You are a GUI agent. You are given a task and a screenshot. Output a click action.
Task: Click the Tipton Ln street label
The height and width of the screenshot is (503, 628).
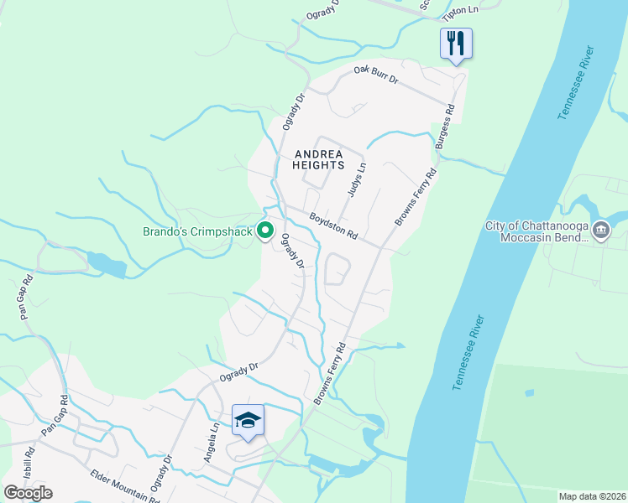pyautogui.click(x=461, y=9)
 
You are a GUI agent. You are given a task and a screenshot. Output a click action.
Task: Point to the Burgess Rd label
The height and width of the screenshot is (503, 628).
pyautogui.click(x=445, y=127)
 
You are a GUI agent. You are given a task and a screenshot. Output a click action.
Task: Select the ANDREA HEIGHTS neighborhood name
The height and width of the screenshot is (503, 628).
pyautogui.click(x=318, y=159)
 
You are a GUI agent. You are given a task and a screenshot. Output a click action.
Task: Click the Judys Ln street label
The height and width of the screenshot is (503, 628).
pyautogui.click(x=358, y=179)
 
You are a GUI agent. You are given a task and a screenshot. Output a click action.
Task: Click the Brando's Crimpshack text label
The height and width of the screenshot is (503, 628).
pyautogui.click(x=198, y=231)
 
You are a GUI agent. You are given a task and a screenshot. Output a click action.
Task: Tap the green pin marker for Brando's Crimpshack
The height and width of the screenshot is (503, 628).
pyautogui.click(x=266, y=230)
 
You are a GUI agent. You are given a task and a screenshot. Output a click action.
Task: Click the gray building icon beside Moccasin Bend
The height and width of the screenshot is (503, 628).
pyautogui.click(x=601, y=230)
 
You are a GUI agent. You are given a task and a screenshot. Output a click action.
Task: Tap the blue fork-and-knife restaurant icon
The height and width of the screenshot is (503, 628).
pyautogui.click(x=456, y=43)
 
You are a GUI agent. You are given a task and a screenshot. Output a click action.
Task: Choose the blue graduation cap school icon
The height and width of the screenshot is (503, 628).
pyautogui.click(x=249, y=419)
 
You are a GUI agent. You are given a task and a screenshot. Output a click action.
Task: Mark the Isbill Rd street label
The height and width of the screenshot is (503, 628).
pyautogui.click(x=29, y=464)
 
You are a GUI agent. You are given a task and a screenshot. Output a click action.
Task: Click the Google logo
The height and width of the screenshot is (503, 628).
pyautogui.click(x=29, y=493)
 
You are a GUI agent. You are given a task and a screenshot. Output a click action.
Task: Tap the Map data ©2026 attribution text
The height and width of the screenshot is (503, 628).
pyautogui.click(x=592, y=496)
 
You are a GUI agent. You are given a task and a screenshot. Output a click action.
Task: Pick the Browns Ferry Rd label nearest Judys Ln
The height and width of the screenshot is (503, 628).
pyautogui.click(x=416, y=197)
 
